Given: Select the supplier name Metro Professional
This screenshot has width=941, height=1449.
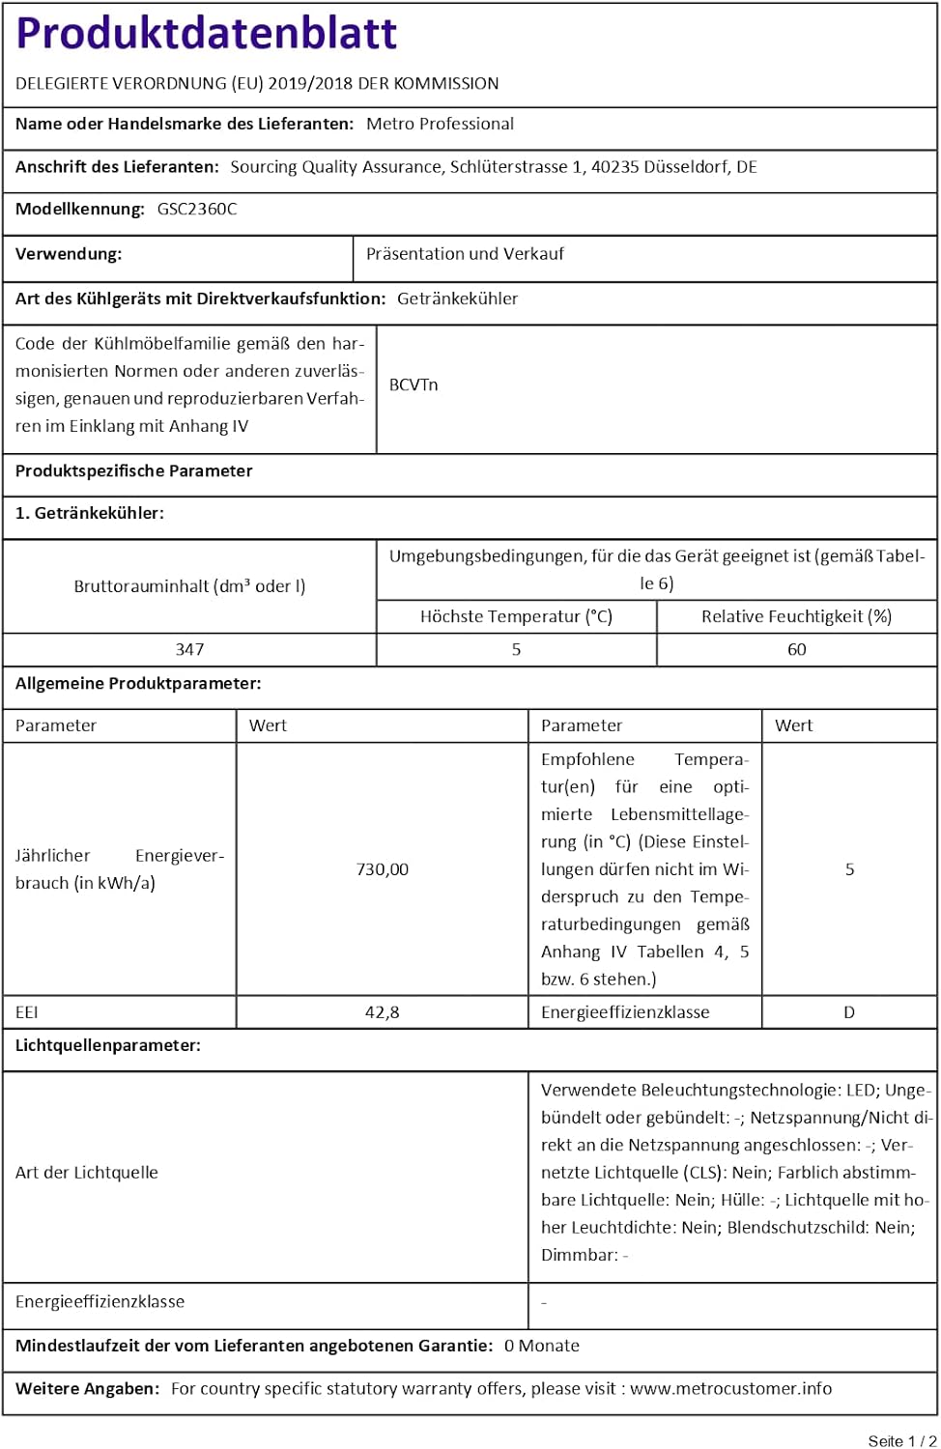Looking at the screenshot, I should [x=440, y=124].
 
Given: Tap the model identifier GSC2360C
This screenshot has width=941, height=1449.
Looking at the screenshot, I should [x=197, y=209].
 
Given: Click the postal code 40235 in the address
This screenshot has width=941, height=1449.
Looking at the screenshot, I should [x=614, y=167].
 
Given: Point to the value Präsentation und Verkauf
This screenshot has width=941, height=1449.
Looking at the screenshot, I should [x=465, y=254].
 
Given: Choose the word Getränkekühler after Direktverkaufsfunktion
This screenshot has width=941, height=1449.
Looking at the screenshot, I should [x=457, y=298].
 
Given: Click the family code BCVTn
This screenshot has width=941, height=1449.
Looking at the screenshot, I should [x=413, y=384].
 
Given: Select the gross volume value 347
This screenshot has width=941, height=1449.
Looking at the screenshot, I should [x=189, y=649].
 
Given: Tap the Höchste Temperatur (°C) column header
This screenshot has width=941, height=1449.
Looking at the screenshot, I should [x=516, y=616].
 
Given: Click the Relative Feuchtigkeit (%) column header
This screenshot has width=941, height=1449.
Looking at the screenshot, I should [x=796, y=616].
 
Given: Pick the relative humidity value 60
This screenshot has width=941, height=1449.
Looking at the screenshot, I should [x=796, y=649].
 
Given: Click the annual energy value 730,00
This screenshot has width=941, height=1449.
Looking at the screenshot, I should [x=383, y=869].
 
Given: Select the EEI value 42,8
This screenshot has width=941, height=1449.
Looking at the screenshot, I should [x=383, y=1012].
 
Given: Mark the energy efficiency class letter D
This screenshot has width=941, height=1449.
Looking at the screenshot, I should [x=849, y=1012].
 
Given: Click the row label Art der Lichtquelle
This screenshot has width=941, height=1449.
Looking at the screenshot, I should [x=87, y=1173].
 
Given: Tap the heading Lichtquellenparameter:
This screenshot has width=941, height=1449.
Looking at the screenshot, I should [x=108, y=1045].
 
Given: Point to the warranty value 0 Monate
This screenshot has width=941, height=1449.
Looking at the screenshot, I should [x=542, y=1346].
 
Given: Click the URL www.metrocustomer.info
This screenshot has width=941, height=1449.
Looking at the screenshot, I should [x=730, y=1388].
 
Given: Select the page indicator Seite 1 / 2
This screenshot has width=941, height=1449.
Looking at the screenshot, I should [x=901, y=1440].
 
